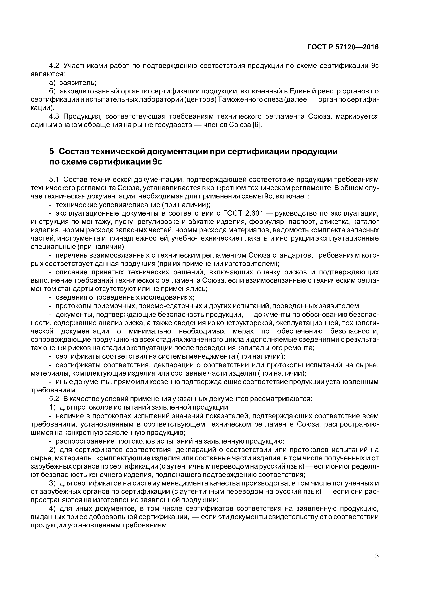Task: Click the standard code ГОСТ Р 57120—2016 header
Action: coord(343,47)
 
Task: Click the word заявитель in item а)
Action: coord(77,83)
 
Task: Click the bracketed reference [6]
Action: coord(256,125)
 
